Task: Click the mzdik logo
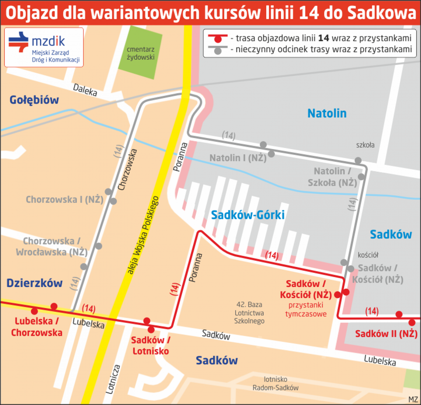tap(44, 47)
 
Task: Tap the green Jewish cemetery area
tap(140, 53)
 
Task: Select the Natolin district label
tap(327, 113)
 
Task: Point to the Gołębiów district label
tap(34, 100)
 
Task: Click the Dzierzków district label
tap(34, 283)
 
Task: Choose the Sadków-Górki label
tap(248, 215)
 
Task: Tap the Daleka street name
tap(85, 90)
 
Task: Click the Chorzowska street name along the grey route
tap(127, 170)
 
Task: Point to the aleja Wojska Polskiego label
tap(143, 235)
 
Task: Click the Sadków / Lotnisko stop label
tap(151, 346)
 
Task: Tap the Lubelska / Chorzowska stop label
tap(37, 327)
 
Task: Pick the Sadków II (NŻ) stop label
tap(386, 334)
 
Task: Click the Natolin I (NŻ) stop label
tap(238, 158)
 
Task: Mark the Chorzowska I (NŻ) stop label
tap(65, 200)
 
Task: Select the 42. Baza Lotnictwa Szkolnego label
tap(249, 313)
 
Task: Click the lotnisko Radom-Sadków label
tap(275, 384)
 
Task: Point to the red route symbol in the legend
tap(218, 38)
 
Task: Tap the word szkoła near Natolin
tap(365, 145)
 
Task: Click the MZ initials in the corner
tap(413, 399)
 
